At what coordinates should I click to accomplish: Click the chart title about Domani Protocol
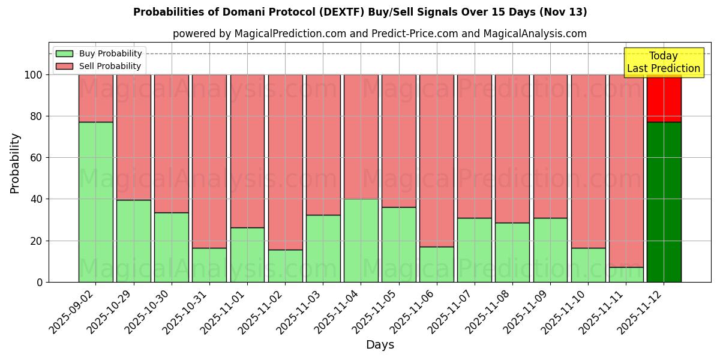pyautogui.click(x=360, y=12)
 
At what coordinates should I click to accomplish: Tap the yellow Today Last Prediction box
pyautogui.click(x=663, y=62)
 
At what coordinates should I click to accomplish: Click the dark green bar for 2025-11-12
pyautogui.click(x=664, y=202)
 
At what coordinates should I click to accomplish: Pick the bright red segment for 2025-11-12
pyautogui.click(x=664, y=98)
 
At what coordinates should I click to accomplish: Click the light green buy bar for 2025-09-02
pyautogui.click(x=95, y=202)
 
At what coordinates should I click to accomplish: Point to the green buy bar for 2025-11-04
pyautogui.click(x=361, y=240)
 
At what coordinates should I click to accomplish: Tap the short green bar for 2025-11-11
pyautogui.click(x=626, y=274)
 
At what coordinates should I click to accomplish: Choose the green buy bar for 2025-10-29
pyautogui.click(x=133, y=241)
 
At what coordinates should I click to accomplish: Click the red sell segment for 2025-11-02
pyautogui.click(x=285, y=162)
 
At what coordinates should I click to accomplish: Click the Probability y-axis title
pyautogui.click(x=15, y=163)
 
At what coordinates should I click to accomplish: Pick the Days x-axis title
pyautogui.click(x=380, y=345)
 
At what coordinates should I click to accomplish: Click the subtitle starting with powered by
pyautogui.click(x=379, y=34)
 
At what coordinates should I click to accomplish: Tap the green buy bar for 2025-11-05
pyautogui.click(x=398, y=244)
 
